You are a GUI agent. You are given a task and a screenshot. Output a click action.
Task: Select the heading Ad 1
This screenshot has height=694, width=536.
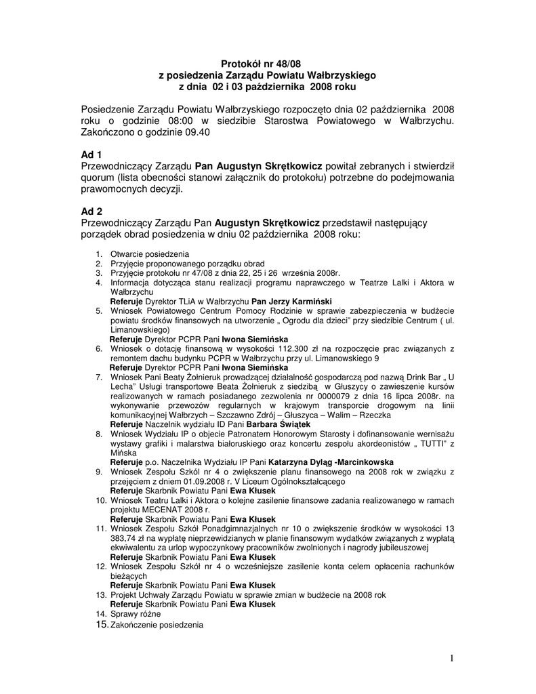[91, 154]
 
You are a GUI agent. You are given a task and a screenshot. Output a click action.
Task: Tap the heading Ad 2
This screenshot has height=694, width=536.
[91, 211]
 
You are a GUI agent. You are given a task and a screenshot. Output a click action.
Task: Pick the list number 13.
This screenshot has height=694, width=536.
[100, 594]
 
